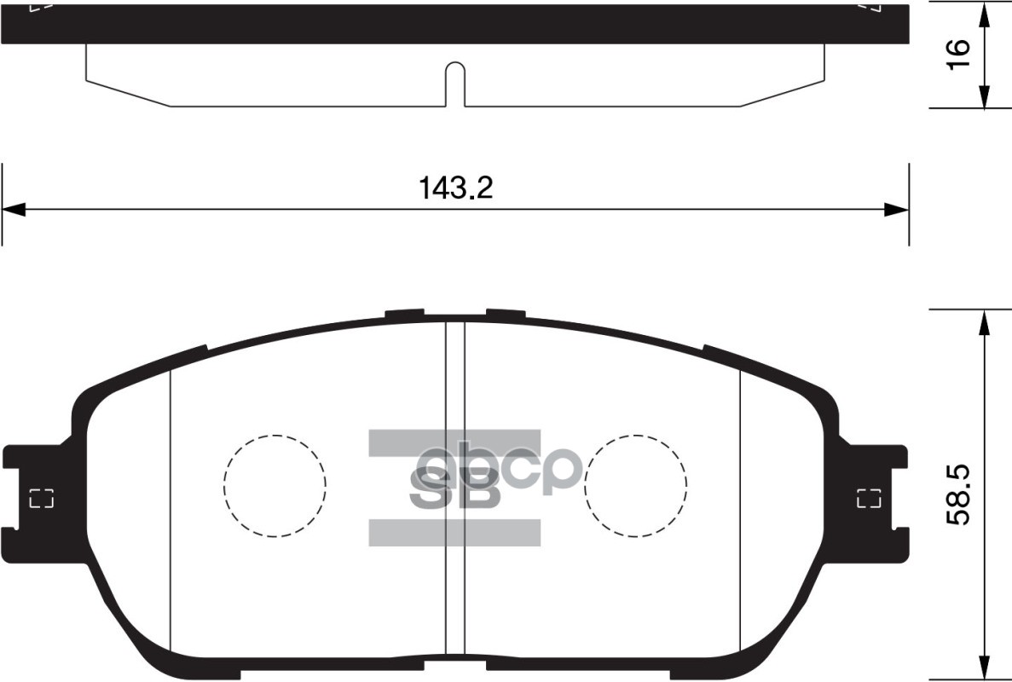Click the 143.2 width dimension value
[455, 188]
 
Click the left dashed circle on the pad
[275, 486]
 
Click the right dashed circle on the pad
[636, 486]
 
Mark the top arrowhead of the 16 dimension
[985, 12]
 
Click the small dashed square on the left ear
[41, 499]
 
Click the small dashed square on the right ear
[869, 499]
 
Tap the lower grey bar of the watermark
[454, 532]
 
